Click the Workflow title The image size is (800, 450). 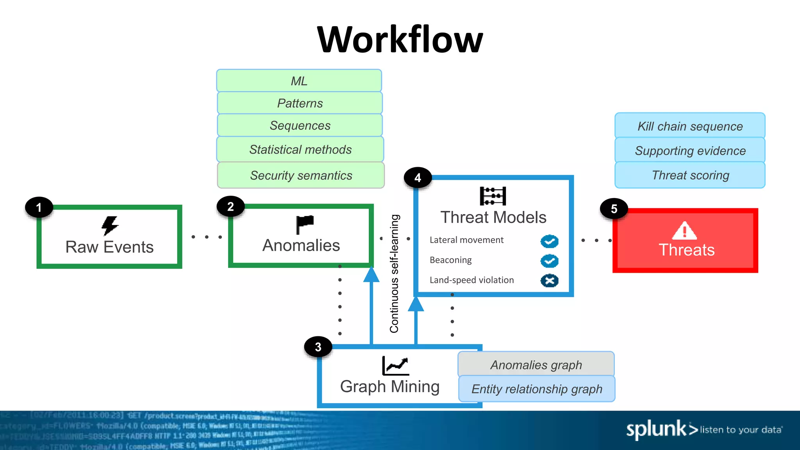[400, 40]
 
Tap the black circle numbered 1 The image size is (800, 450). [39, 207]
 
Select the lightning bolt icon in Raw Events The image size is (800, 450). [110, 225]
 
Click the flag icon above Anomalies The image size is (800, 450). [305, 225]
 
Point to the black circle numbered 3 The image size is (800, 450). [318, 347]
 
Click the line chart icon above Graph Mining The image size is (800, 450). [395, 366]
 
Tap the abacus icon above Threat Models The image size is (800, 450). [493, 196]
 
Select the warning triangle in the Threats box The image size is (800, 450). [684, 231]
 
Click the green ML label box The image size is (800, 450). [299, 81]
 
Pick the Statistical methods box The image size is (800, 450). [300, 149]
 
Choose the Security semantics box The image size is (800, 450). [301, 175]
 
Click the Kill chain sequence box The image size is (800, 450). [690, 126]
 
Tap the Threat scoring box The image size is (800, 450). [690, 175]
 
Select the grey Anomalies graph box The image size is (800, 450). [536, 364]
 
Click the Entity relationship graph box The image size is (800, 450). [537, 389]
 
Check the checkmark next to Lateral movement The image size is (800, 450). [549, 241]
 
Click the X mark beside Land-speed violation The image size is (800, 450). [549, 280]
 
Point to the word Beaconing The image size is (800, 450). [450, 260]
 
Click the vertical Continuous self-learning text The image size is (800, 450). [395, 273]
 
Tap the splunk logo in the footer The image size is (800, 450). [656, 429]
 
